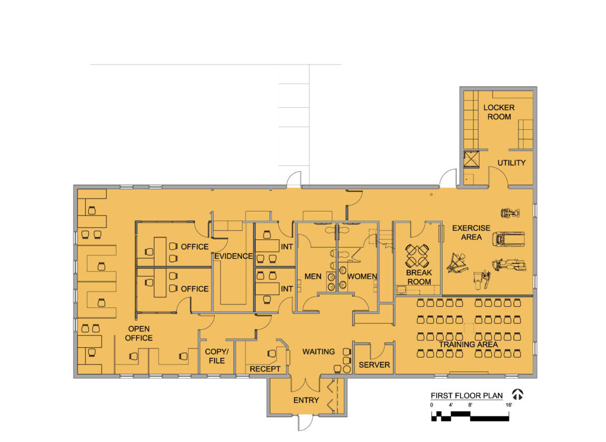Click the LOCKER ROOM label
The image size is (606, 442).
499,112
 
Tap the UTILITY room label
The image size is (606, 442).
511,163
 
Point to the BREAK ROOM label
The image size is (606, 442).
419,277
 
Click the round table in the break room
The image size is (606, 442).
419,257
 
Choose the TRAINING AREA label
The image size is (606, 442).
468,344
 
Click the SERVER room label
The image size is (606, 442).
374,365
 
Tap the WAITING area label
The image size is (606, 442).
318,351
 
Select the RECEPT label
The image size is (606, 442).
265,369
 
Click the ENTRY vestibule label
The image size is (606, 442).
306,401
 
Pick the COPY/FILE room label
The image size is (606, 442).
217,356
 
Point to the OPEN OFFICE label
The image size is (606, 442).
139,333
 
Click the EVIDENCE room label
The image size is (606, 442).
233,257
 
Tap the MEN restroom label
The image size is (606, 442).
312,276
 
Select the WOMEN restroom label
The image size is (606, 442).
362,276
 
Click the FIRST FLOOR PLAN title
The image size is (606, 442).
466,396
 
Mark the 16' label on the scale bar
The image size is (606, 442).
508,405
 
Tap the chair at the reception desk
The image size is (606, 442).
272,354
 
